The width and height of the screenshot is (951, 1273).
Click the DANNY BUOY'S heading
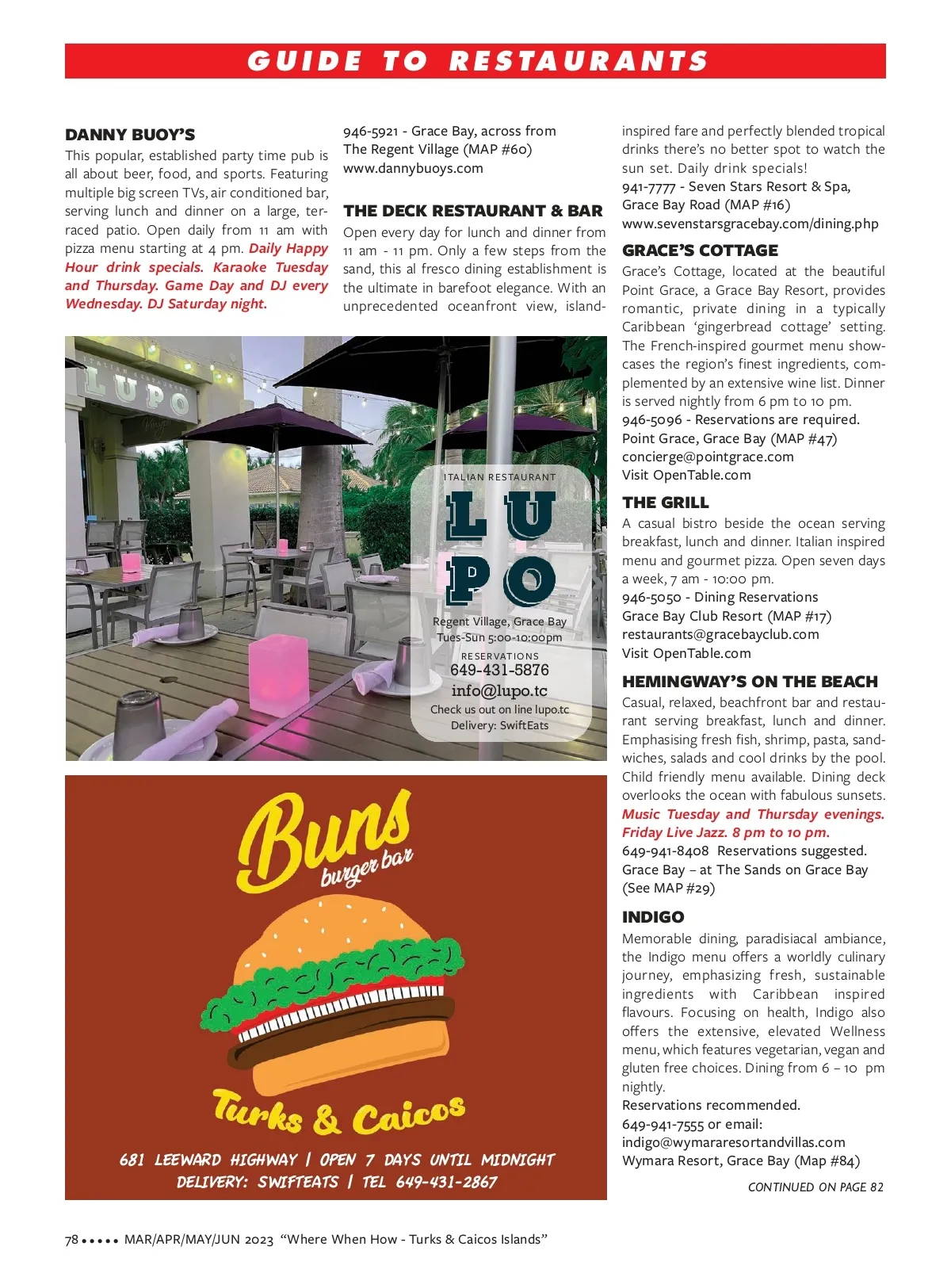point(130,135)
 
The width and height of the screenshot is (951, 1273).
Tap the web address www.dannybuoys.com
point(413,168)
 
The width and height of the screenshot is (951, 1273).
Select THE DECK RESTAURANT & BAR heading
point(473,211)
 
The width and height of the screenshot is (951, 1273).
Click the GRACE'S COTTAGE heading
point(700,250)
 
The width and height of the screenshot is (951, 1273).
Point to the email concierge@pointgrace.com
point(708,457)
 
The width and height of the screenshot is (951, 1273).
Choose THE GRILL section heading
point(665,503)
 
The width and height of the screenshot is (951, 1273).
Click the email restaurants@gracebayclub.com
point(720,634)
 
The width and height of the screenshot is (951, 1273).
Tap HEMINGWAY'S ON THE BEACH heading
point(750,682)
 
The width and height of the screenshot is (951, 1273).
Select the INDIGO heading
point(653,917)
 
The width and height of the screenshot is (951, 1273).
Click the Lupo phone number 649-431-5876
point(499,670)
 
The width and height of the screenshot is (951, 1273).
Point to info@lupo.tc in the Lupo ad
point(499,690)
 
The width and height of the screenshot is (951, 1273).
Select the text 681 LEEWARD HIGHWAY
point(208,1160)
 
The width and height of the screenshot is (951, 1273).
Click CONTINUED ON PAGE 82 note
point(815,1187)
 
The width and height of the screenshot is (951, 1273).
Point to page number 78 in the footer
point(71,1240)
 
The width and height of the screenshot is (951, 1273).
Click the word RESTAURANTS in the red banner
point(579,61)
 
